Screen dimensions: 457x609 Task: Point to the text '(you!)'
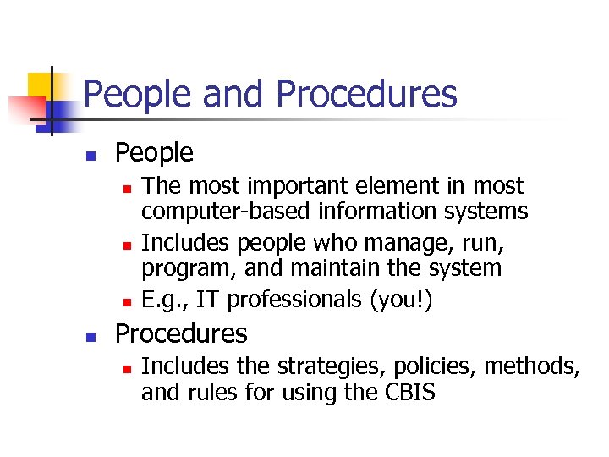click(404, 300)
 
